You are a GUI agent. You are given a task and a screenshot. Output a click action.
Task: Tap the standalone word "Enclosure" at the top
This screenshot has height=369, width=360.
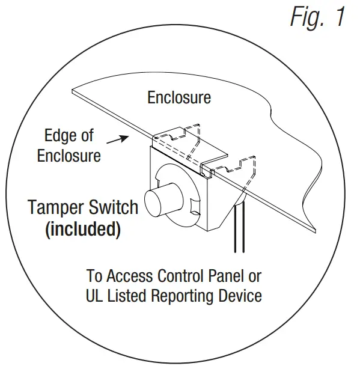click(179, 97)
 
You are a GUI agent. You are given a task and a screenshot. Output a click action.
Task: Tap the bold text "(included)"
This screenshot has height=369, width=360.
click(82, 229)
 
